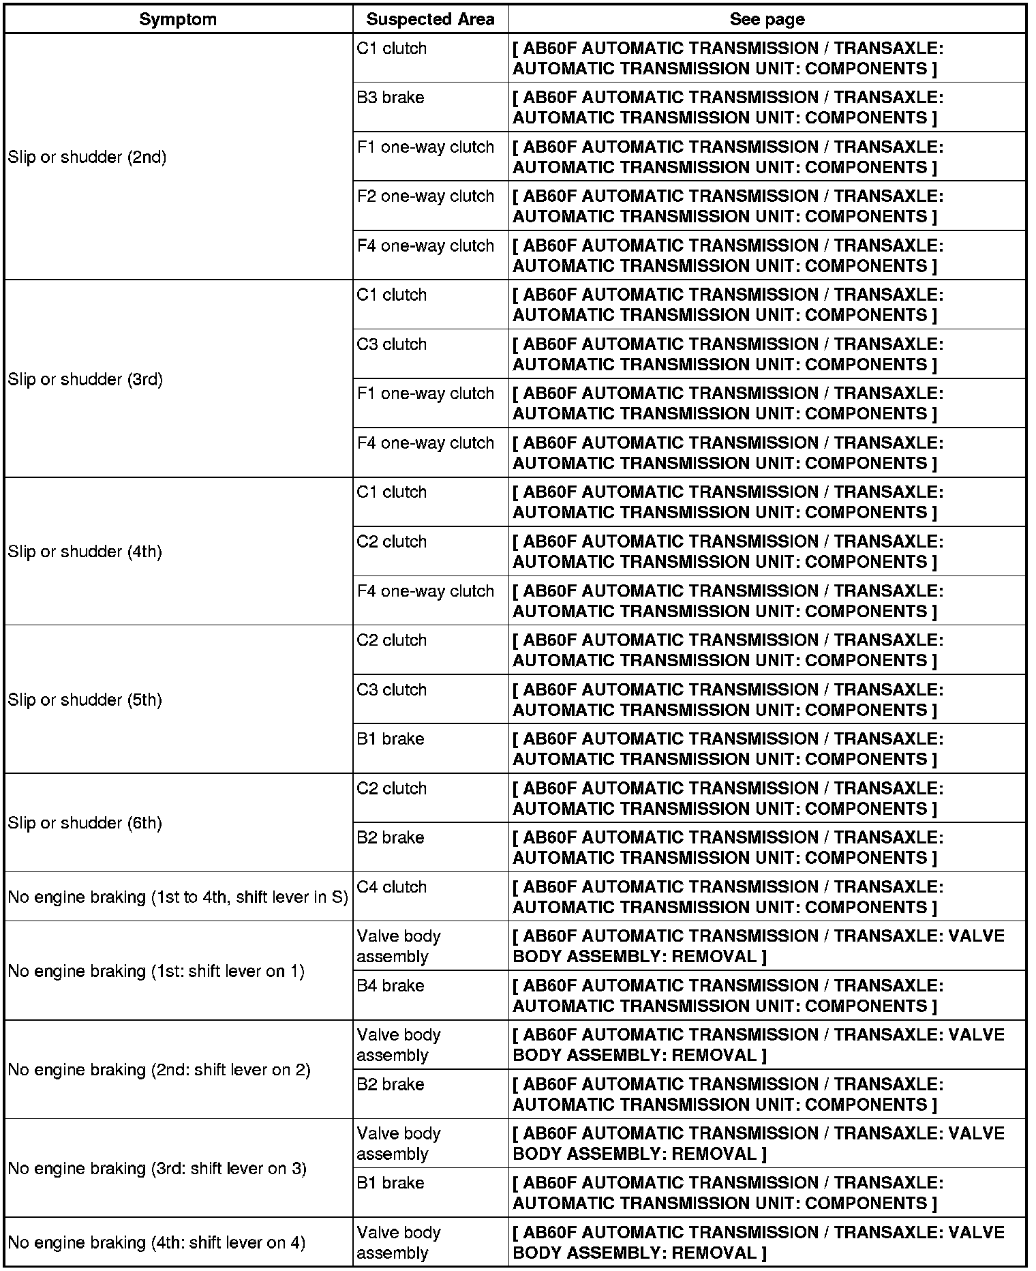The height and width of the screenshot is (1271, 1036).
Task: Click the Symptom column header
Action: click(178, 20)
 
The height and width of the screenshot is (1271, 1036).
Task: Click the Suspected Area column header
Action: click(430, 20)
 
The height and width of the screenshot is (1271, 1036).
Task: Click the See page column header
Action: click(767, 20)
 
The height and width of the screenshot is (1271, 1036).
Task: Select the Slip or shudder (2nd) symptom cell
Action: click(87, 158)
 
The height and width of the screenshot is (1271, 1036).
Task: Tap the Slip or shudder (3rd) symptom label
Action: click(86, 379)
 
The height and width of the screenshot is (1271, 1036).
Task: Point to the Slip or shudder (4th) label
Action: click(85, 552)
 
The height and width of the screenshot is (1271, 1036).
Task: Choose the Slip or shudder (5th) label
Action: click(85, 700)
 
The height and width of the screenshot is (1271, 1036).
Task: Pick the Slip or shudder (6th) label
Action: click(85, 824)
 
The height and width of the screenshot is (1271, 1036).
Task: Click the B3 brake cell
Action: click(391, 98)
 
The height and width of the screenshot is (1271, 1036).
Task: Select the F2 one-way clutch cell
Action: click(425, 197)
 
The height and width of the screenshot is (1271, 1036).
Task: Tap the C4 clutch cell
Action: click(391, 888)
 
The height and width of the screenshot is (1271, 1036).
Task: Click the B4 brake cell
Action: click(391, 986)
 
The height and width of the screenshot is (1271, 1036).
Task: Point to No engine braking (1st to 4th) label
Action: click(178, 897)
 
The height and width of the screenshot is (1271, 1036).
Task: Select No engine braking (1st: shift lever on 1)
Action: click(156, 972)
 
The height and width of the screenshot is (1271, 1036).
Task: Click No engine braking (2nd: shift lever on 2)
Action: click(159, 1071)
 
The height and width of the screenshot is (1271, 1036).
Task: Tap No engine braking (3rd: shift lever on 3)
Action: click(157, 1169)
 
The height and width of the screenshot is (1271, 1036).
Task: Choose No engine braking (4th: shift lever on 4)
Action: click(157, 1243)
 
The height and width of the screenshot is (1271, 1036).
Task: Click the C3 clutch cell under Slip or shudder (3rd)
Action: click(391, 345)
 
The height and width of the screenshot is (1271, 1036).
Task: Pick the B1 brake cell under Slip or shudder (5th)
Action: click(391, 740)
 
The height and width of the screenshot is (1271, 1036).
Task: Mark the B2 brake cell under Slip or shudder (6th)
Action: click(391, 838)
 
